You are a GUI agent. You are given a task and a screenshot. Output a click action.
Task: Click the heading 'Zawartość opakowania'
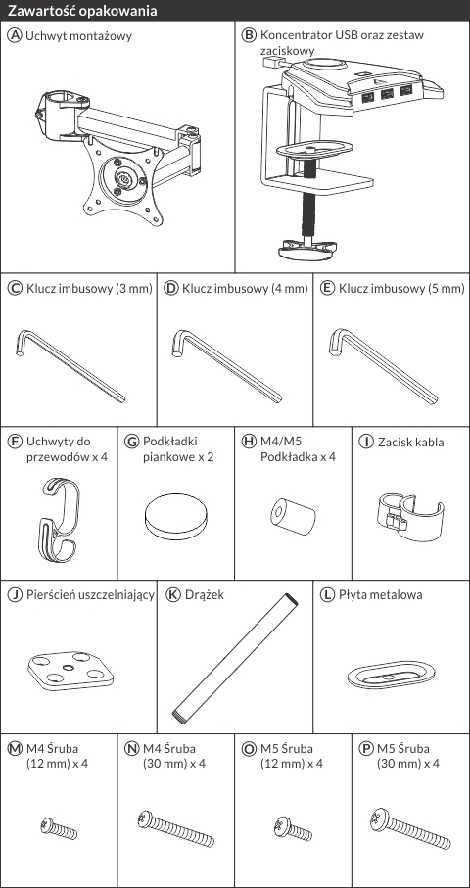[82, 11]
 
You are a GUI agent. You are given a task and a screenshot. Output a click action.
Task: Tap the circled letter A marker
[15, 35]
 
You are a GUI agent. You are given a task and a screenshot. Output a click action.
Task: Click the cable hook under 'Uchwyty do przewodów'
[58, 519]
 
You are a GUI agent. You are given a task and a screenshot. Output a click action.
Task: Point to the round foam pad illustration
[175, 518]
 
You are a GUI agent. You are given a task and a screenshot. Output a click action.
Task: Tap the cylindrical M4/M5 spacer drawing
[292, 515]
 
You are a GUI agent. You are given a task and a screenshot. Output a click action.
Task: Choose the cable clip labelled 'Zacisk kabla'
[410, 512]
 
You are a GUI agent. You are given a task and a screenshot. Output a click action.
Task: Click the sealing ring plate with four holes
[70, 671]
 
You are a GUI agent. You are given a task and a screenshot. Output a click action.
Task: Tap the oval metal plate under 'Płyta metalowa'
[391, 674]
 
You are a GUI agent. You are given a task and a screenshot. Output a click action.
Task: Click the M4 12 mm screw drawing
[59, 828]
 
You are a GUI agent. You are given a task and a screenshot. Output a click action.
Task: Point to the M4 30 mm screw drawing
[176, 828]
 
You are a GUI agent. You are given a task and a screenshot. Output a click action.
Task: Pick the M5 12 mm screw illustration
[292, 828]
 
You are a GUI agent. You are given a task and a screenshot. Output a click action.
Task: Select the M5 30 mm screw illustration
[410, 829]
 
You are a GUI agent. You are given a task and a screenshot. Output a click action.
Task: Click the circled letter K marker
[173, 594]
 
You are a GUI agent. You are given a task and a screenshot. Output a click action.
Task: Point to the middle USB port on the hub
[388, 94]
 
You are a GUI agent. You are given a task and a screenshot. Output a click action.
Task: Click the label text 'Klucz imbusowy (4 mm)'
[245, 288]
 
